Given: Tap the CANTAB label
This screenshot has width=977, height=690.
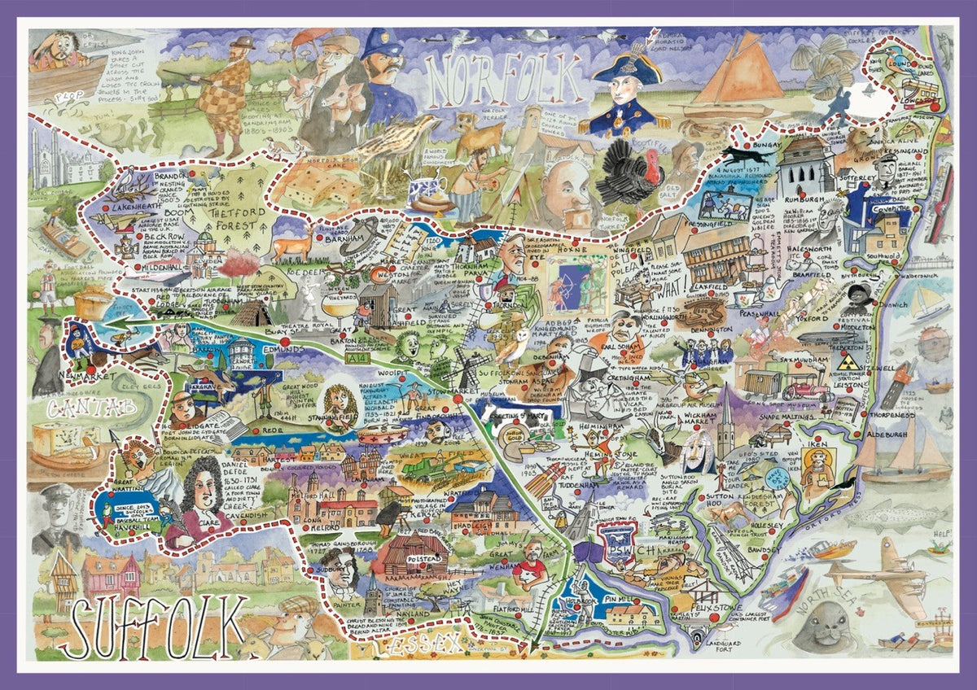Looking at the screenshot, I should (81, 407).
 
